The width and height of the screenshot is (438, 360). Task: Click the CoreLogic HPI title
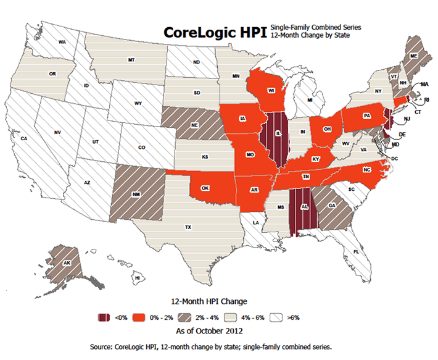(x=215, y=32)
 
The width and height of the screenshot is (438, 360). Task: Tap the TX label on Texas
(x=188, y=227)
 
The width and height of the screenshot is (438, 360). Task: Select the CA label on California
(x=25, y=139)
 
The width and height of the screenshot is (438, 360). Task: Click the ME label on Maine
(x=414, y=55)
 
